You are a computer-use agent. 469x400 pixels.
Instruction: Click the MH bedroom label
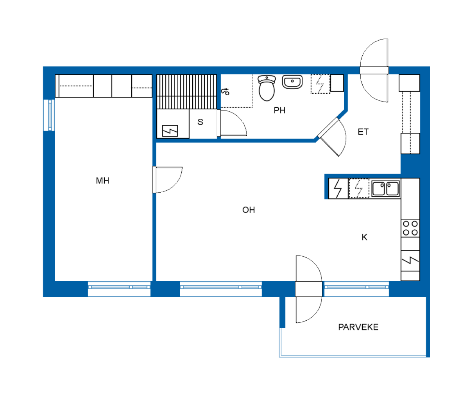[x=102, y=181]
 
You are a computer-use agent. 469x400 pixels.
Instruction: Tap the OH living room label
[x=249, y=210]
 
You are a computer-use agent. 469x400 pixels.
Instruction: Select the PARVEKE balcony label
[x=358, y=327]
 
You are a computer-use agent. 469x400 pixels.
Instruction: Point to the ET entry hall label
[x=363, y=132]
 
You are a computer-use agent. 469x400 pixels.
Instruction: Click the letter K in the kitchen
[x=364, y=237]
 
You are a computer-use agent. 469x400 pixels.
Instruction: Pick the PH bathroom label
[x=279, y=110]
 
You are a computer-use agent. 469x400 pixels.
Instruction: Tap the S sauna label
[x=200, y=122]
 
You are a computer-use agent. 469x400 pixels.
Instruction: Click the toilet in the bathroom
[x=267, y=88]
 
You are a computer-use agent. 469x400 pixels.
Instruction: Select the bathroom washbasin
[x=292, y=82]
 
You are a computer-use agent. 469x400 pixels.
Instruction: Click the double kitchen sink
[x=386, y=188]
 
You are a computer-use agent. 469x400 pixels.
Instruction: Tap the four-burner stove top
[x=410, y=228]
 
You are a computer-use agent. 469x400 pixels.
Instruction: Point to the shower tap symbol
[x=225, y=92]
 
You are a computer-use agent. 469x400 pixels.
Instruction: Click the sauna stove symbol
[x=170, y=131]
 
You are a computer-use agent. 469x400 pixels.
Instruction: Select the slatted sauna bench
[x=186, y=92]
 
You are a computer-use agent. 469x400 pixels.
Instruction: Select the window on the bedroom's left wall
[x=49, y=115]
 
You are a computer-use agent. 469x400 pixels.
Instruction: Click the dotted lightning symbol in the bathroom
[x=320, y=84]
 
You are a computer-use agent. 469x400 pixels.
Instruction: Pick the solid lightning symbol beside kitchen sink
[x=338, y=189]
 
